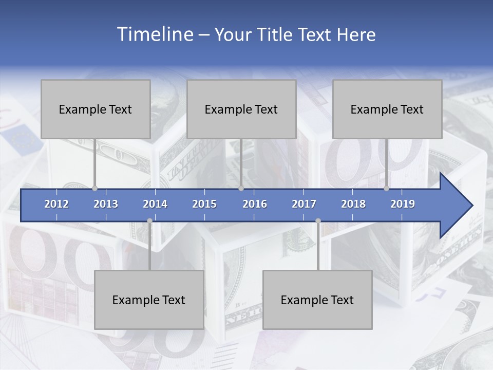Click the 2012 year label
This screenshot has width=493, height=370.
pos(56,204)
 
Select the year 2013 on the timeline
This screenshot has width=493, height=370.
pos(106,204)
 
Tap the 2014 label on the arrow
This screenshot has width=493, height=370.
pos(155,204)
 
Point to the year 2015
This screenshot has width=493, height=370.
pos(204,204)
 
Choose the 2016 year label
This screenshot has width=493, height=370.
pos(255,204)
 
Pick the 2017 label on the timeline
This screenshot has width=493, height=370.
pos(304,204)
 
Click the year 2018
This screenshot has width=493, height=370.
pos(353,204)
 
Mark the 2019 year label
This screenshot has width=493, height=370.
pos(403,204)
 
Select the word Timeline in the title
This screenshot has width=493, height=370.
pos(154,34)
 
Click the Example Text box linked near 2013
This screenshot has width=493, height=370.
pos(96,109)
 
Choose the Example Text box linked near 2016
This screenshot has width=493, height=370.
pos(241,109)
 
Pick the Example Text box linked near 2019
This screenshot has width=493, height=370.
pos(387,109)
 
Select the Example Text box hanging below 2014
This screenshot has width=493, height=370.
pos(149,300)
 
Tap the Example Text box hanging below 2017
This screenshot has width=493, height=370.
pos(317,300)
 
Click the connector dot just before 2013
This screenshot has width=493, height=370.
pos(94,188)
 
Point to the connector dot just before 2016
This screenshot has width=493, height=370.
pos(241,188)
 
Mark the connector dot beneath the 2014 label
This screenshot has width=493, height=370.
pos(149,221)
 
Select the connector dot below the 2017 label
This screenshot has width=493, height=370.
pos(318,221)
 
